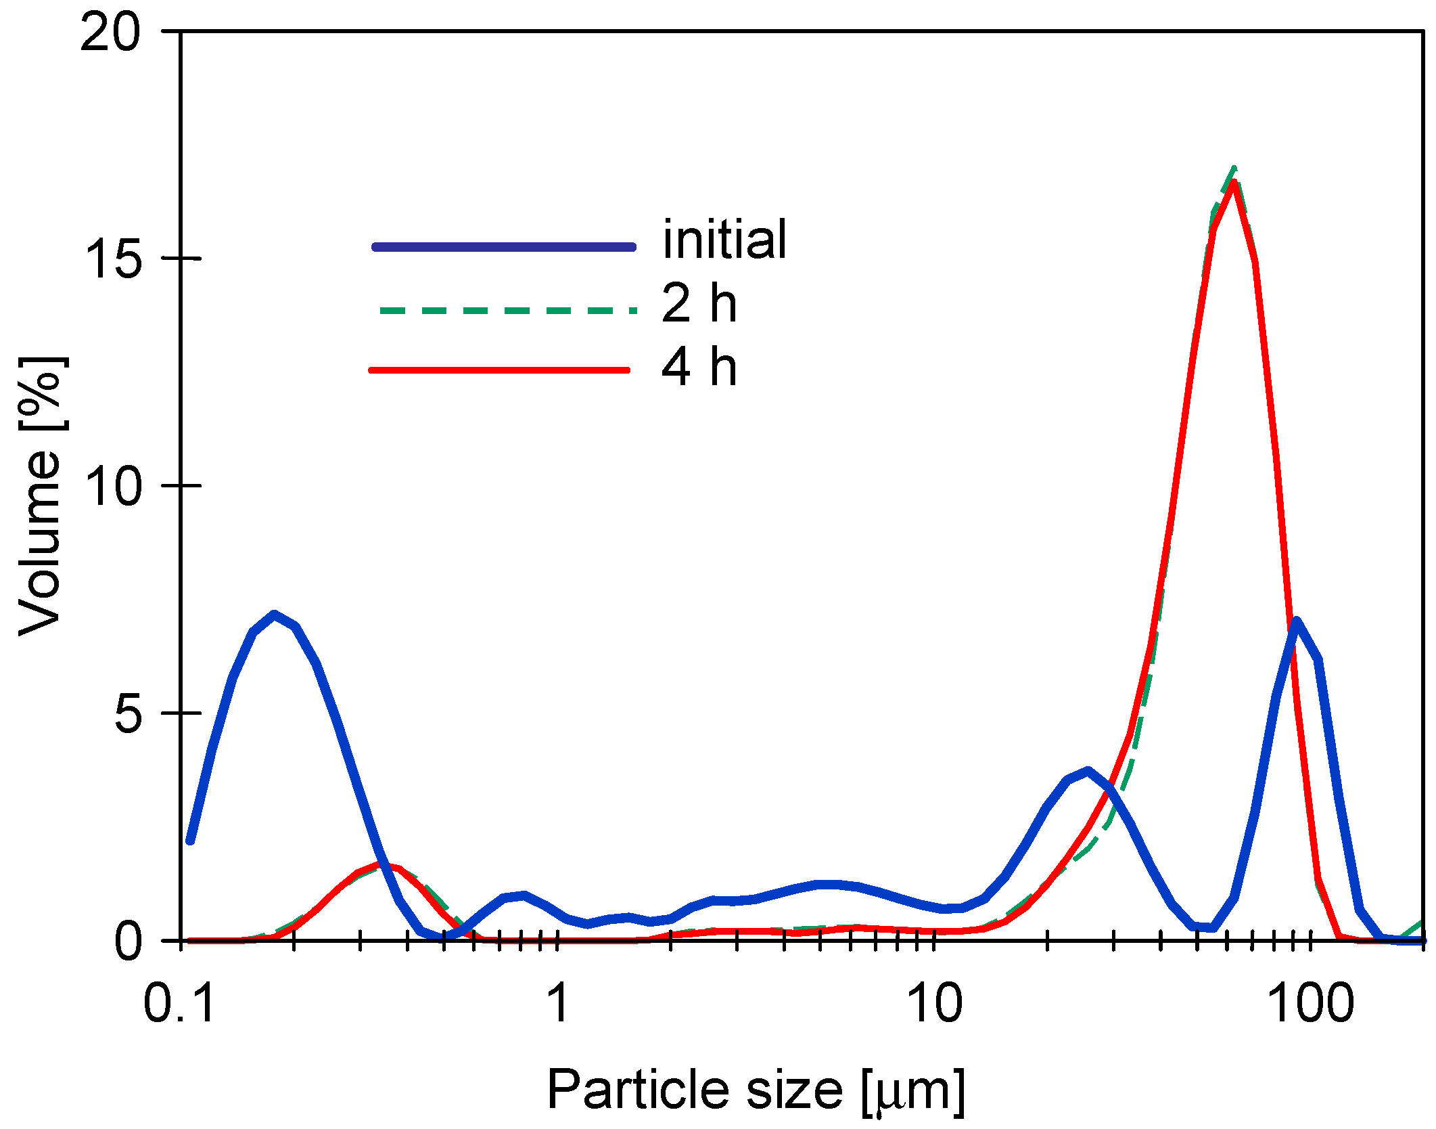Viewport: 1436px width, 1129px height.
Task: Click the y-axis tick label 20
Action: point(110,32)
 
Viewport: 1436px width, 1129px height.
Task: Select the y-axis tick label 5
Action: point(129,713)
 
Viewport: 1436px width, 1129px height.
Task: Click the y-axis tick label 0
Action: point(129,941)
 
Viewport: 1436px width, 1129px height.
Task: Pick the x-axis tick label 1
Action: point(558,1003)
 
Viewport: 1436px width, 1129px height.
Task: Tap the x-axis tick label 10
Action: point(935,1003)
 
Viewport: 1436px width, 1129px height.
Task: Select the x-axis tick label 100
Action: point(1311,1003)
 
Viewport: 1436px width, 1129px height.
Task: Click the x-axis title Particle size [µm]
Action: point(756,1090)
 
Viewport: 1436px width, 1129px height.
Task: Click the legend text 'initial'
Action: point(724,240)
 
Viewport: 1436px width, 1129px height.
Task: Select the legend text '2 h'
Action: point(699,303)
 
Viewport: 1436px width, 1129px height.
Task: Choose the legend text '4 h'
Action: point(699,367)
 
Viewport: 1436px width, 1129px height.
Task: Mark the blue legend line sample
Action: point(504,247)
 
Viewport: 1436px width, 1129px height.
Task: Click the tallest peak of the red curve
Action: point(1234,183)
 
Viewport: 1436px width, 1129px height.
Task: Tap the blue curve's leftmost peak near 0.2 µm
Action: point(274,615)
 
